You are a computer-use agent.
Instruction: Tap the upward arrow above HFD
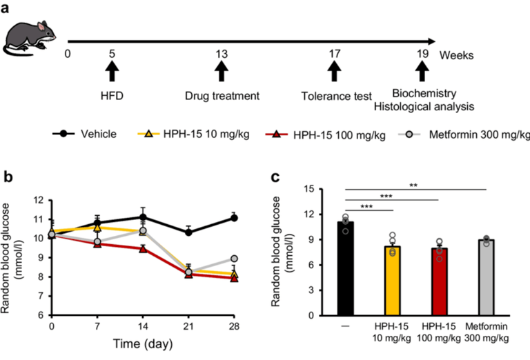tap(112, 70)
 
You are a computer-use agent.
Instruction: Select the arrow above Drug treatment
tap(222, 70)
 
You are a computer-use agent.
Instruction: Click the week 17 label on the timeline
tap(335, 54)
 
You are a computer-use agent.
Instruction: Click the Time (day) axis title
tap(143, 342)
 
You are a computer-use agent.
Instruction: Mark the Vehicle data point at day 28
tap(234, 218)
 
